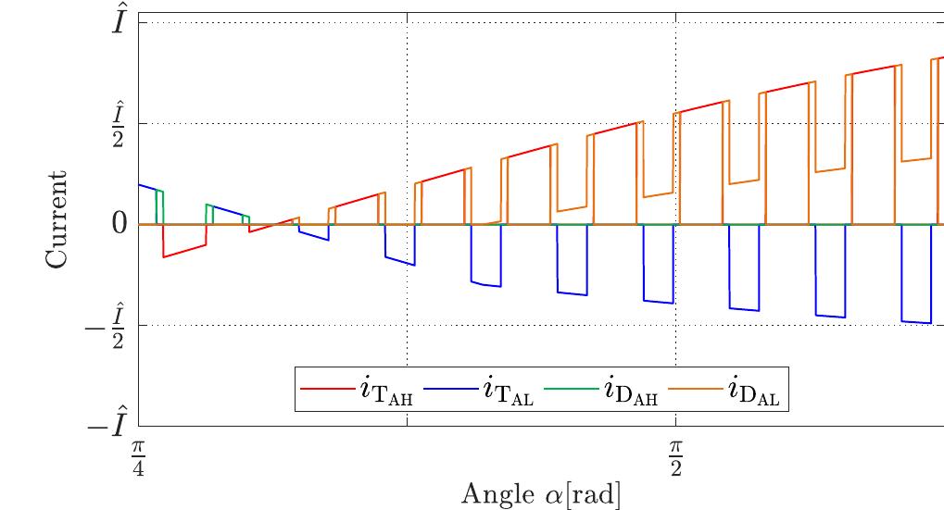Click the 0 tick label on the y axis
click(119, 224)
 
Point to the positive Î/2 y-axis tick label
click(119, 123)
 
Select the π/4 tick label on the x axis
click(138, 457)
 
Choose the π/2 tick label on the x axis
click(676, 457)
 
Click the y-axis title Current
click(57, 218)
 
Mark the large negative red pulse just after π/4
click(183, 250)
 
